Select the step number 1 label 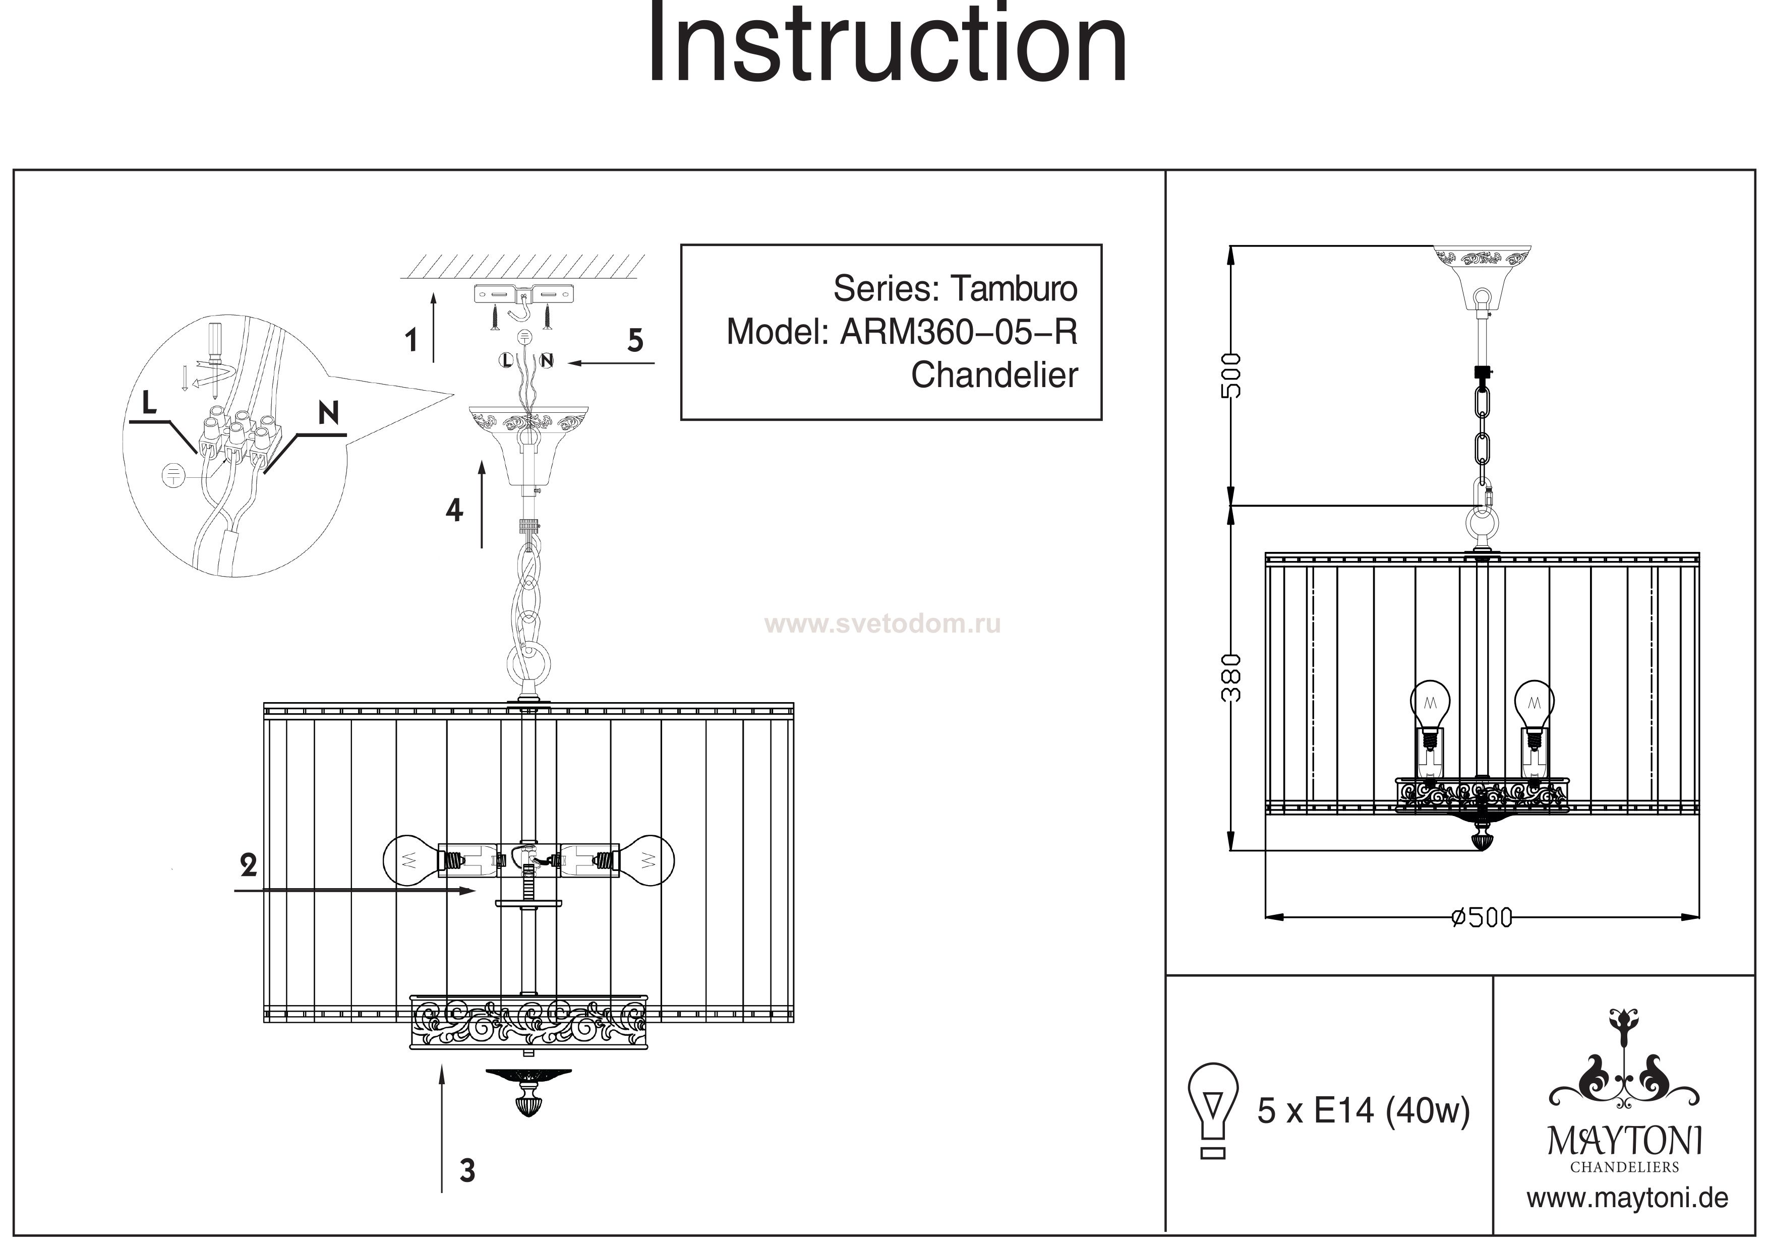[411, 340]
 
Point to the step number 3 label [467, 1171]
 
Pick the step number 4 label [454, 510]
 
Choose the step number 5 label [635, 340]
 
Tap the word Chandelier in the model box [994, 375]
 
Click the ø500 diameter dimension [1481, 918]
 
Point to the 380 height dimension [1232, 677]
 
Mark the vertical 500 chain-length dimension [1232, 375]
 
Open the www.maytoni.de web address [1627, 1199]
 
